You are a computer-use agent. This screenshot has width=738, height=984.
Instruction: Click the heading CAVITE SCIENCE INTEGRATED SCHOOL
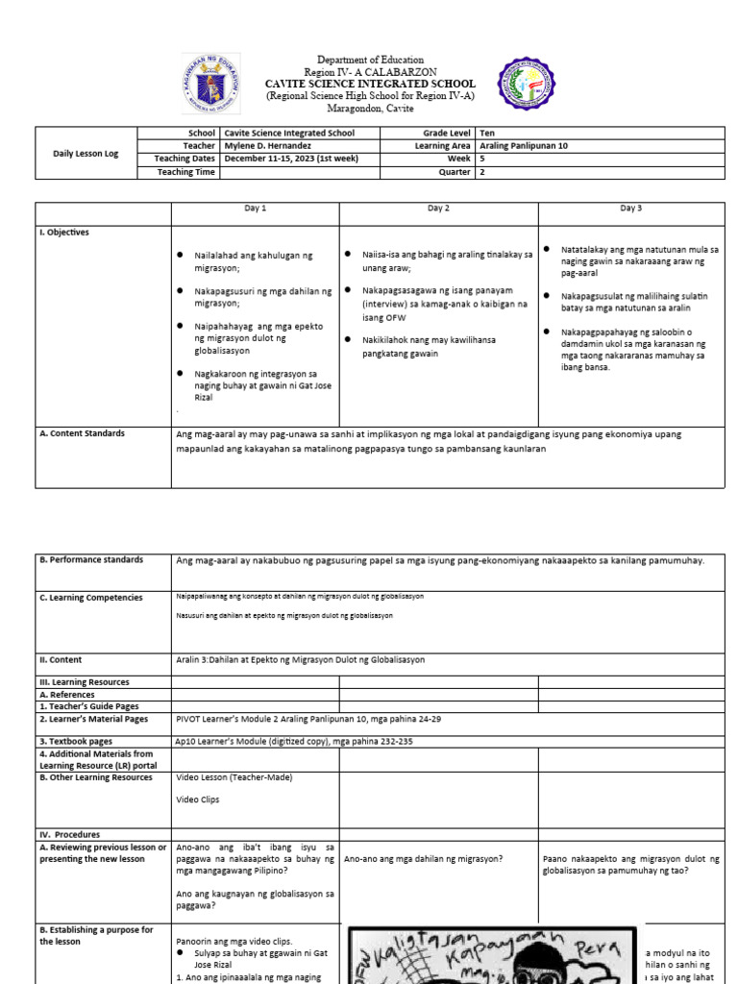369,84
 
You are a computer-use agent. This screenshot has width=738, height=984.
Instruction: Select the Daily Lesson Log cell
86,153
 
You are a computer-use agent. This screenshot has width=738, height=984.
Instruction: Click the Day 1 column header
255,209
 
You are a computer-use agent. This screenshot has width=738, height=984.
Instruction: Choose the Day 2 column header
438,209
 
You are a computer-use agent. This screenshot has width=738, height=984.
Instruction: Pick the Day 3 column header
630,209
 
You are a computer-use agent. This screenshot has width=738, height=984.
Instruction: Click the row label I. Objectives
64,232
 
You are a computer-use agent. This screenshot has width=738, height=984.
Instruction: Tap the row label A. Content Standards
82,433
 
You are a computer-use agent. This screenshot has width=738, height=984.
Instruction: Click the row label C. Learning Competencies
90,598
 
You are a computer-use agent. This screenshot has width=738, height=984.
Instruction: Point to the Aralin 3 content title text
300,660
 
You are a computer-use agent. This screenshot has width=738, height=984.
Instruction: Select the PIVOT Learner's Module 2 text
307,719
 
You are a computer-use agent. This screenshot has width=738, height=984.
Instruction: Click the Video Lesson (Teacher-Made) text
234,777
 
